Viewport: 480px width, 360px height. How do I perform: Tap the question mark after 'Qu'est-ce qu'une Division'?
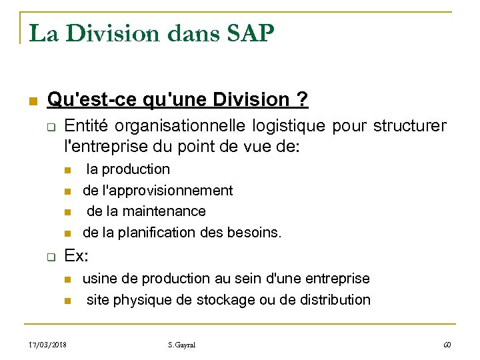coord(303,100)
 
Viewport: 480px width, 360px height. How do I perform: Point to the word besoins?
coord(255,233)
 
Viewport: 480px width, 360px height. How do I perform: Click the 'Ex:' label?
coord(77,256)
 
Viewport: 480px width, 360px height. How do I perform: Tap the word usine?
coord(99,278)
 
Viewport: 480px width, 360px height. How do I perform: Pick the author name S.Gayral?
coord(181,345)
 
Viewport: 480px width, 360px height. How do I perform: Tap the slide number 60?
coord(447,345)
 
